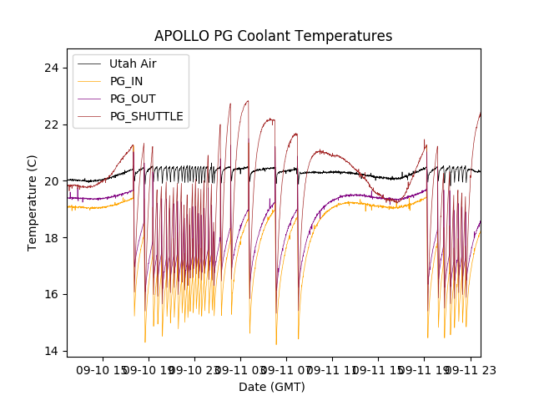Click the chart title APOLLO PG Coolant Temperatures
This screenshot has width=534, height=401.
pyautogui.click(x=273, y=37)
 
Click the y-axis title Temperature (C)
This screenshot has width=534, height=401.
pyautogui.click(x=33, y=203)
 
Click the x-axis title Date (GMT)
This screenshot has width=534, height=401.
pyautogui.click(x=272, y=387)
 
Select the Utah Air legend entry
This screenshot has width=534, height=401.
pyautogui.click(x=133, y=63)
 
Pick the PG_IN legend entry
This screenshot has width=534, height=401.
pyautogui.click(x=126, y=81)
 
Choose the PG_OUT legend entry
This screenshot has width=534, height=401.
pyautogui.click(x=133, y=99)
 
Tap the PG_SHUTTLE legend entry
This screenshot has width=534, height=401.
pyautogui.click(x=146, y=116)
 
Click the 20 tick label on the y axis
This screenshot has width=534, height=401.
pyautogui.click(x=51, y=181)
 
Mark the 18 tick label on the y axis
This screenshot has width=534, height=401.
pyautogui.click(x=51, y=238)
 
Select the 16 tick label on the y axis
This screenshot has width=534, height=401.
pyautogui.click(x=51, y=294)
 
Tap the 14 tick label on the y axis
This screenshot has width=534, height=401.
pyautogui.click(x=51, y=351)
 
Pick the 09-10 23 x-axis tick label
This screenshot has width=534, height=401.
pyautogui.click(x=194, y=368)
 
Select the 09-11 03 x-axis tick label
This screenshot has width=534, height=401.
pyautogui.click(x=240, y=368)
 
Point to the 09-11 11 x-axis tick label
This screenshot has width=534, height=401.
pyautogui.click(x=332, y=368)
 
